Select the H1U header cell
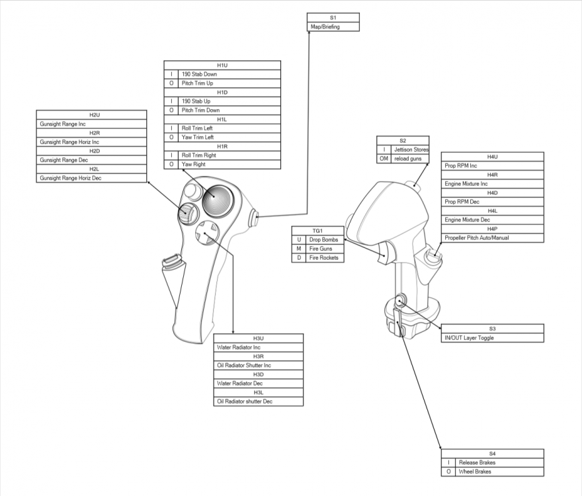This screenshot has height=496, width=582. pos(222,65)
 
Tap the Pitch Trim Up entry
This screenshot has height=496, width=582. pos(229,83)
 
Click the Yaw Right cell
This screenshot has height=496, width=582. pos(229,164)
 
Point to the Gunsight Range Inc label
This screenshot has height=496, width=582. pos(91,124)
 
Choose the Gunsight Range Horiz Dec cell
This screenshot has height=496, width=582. pos(91,178)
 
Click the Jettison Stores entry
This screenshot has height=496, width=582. pos(410,150)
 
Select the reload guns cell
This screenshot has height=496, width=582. pos(410,159)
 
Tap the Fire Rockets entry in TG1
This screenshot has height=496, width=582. pos(325,257)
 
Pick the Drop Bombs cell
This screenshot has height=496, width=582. pos(325,239)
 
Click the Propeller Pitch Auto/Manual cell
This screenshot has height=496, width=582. pos(493,237)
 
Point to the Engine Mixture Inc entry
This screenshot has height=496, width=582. pos(493,184)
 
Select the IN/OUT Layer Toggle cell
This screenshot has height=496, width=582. pos(493,338)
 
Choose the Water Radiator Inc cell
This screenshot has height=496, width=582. pos(259,347)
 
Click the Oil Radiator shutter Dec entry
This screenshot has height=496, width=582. pos(259,401)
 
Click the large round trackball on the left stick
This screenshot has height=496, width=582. pos(219,198)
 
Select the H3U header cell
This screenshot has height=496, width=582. pos(259,338)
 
